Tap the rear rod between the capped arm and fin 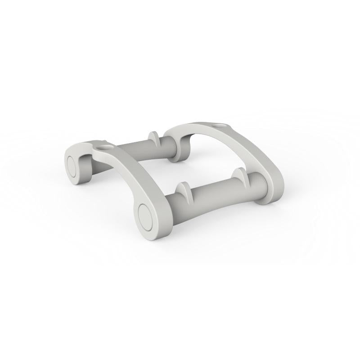click(130, 149)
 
